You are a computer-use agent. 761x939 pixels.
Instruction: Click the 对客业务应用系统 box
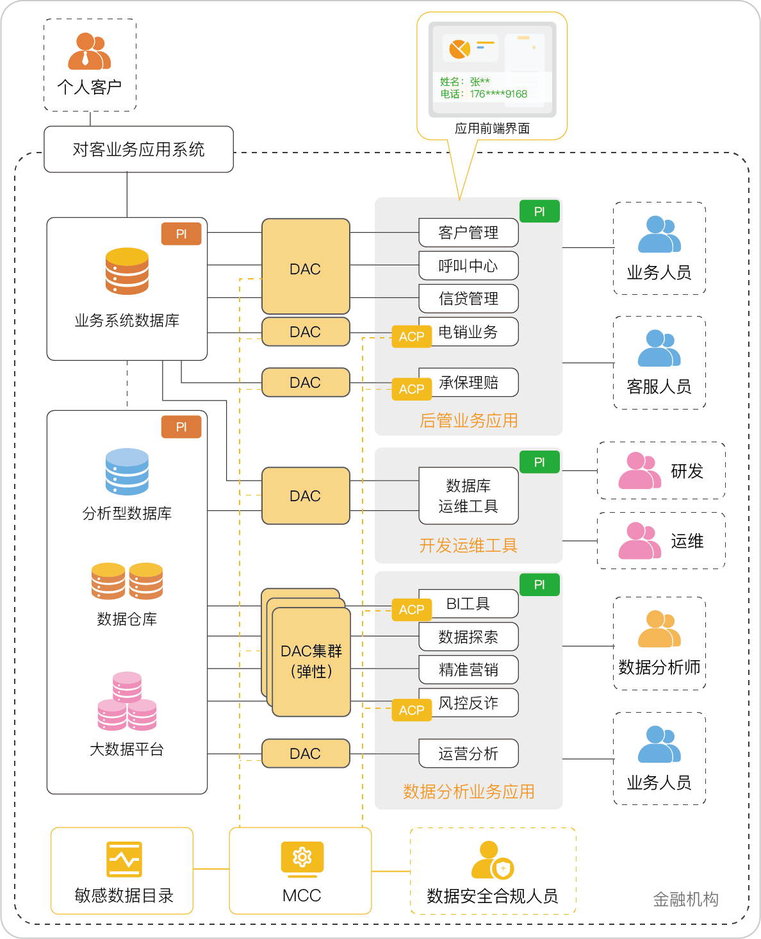point(138,149)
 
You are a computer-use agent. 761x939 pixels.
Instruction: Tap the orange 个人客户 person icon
point(89,51)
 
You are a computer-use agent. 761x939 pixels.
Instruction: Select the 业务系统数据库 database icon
point(127,271)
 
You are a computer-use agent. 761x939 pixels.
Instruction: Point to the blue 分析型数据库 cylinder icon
point(127,472)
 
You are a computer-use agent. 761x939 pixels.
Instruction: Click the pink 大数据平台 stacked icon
point(127,701)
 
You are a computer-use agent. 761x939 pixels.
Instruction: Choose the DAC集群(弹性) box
point(311,661)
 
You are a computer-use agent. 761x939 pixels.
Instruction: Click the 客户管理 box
point(468,233)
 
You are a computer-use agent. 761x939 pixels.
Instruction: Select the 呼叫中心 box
point(468,266)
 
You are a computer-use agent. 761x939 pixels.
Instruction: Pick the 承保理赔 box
point(468,383)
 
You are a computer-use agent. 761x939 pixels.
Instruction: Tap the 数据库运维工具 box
point(468,496)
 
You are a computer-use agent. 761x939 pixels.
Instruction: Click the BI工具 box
point(468,604)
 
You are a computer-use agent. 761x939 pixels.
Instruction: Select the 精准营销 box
point(468,670)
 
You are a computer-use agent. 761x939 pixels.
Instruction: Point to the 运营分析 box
point(468,754)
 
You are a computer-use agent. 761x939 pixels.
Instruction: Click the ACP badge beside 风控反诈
point(411,710)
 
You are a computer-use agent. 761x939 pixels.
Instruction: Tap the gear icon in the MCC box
point(302,858)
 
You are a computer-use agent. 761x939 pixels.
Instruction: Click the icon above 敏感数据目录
point(124,859)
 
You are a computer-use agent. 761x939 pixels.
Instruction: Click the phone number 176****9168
point(498,94)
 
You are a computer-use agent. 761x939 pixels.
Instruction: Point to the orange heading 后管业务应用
point(468,420)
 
